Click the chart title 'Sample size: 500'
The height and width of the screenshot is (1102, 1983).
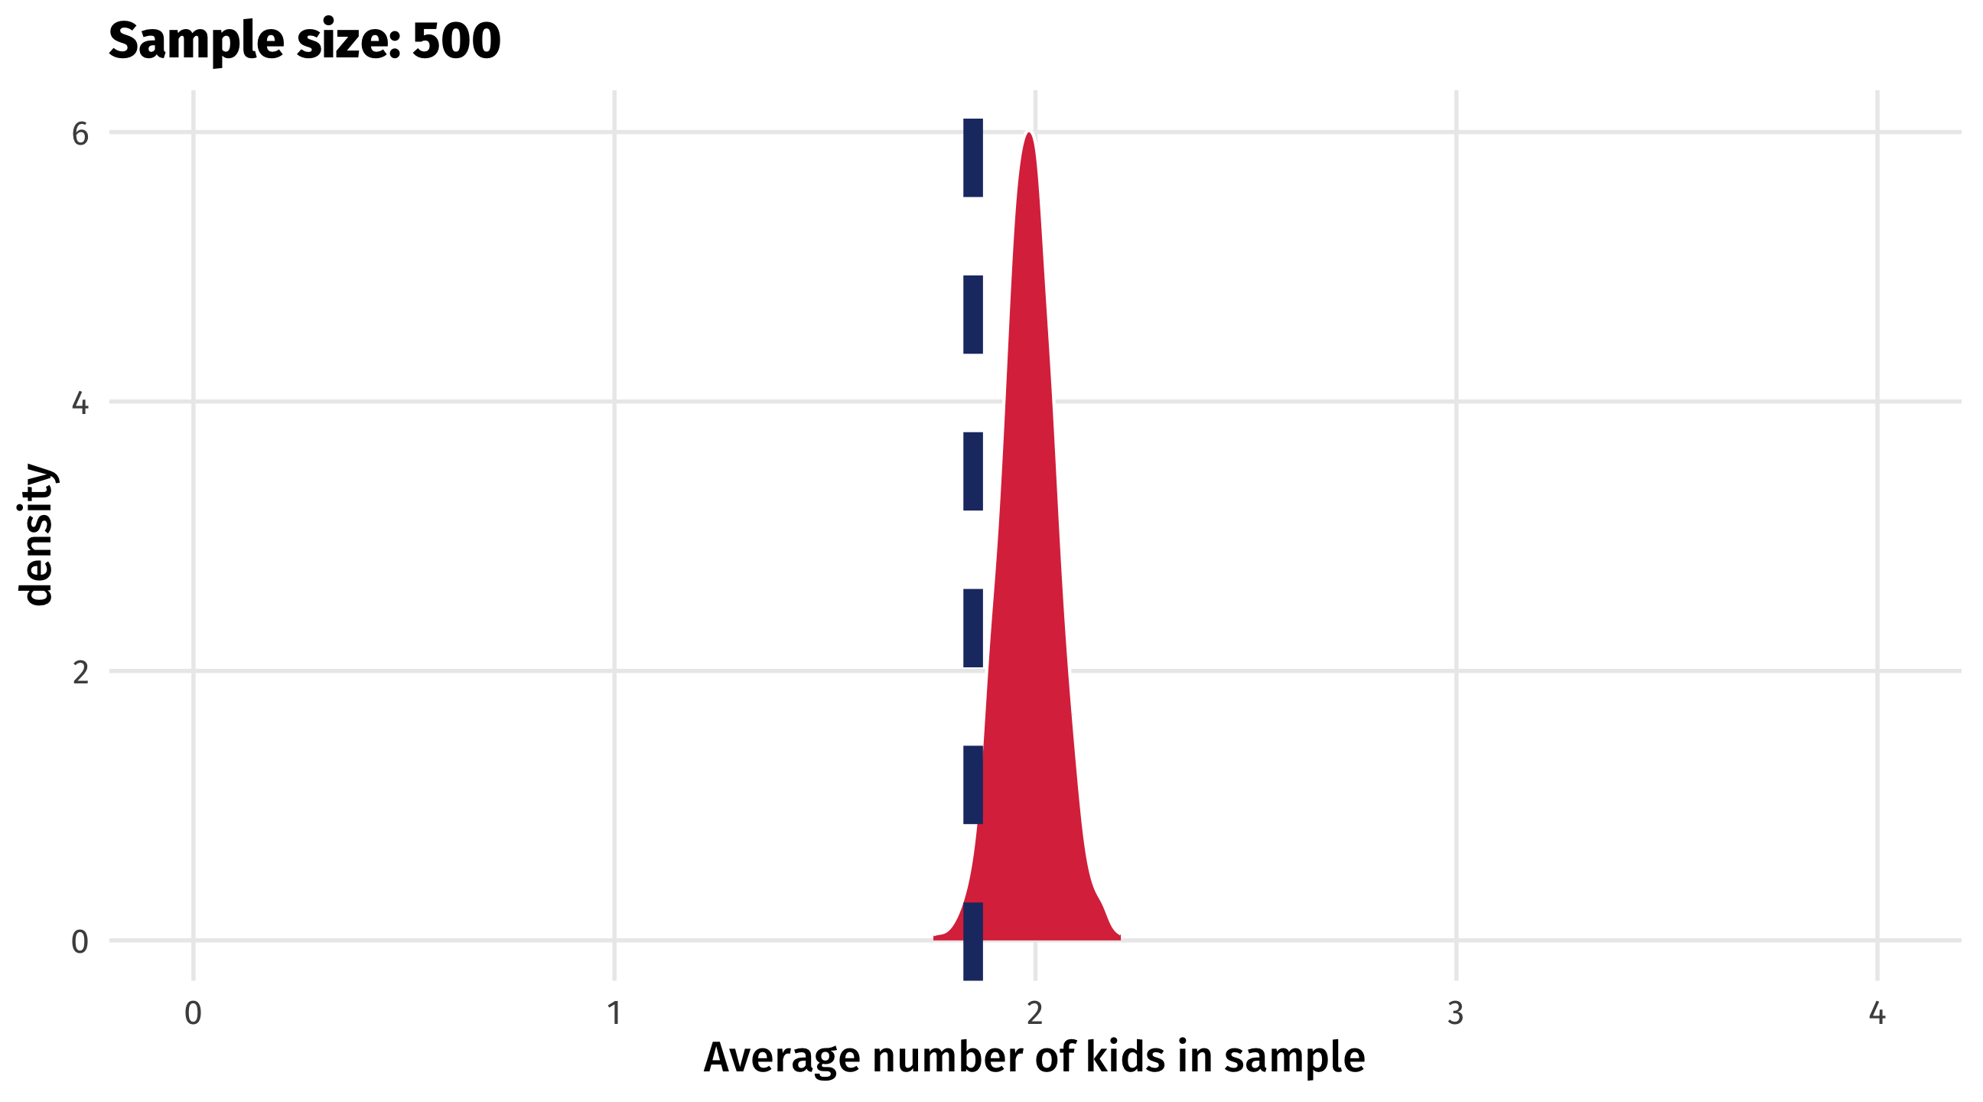click(x=304, y=41)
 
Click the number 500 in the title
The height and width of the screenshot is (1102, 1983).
click(x=457, y=41)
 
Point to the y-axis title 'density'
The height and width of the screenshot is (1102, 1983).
click(x=35, y=534)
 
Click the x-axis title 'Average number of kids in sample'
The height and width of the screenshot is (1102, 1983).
click(x=1034, y=1057)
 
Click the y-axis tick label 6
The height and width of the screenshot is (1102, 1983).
click(x=80, y=134)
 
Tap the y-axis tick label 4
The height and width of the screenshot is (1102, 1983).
click(x=80, y=403)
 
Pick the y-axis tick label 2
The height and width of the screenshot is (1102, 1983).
click(x=80, y=672)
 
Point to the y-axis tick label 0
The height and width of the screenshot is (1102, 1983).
click(x=80, y=941)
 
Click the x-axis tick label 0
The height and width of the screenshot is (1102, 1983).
click(x=194, y=1013)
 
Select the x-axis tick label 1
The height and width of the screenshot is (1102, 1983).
click(x=614, y=1013)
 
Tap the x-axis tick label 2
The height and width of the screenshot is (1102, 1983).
click(x=1034, y=1013)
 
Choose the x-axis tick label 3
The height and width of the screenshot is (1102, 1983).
click(x=1455, y=1013)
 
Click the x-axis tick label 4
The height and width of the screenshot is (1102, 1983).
click(x=1877, y=1013)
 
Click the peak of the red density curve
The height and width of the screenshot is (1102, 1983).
click(x=1028, y=135)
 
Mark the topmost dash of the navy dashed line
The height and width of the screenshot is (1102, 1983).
click(x=973, y=158)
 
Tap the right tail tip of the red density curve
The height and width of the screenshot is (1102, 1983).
click(x=1118, y=937)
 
